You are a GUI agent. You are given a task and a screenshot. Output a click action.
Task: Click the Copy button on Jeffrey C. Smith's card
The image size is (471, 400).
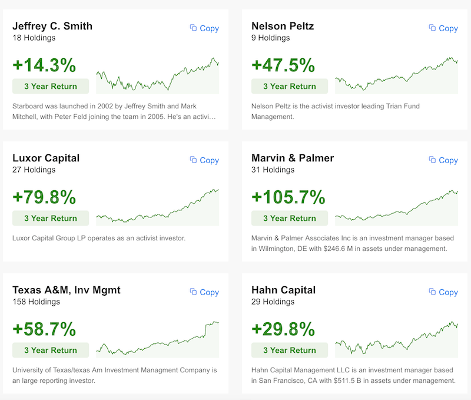[204, 28]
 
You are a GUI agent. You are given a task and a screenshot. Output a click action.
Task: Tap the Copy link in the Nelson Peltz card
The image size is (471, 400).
[443, 28]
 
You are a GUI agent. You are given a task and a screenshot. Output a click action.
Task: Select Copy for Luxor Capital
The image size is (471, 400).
[204, 160]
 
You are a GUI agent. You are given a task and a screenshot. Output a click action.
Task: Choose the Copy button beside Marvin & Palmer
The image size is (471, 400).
[443, 160]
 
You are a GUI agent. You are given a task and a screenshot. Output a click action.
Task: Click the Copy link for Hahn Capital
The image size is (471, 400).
[443, 292]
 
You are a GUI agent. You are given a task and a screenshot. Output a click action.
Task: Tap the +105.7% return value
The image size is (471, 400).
[288, 197]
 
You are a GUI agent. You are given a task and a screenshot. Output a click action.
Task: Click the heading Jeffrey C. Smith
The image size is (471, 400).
[52, 26]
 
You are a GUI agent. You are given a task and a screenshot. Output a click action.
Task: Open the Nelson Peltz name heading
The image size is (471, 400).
[283, 26]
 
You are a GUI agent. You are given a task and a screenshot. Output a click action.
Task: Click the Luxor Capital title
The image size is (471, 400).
[46, 158]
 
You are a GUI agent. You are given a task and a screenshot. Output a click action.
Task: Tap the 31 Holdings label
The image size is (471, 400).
[273, 170]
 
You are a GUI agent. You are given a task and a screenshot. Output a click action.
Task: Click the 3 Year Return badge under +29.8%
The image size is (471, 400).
[290, 351]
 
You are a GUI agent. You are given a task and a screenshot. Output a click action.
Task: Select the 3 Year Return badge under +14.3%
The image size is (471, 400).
[51, 87]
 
